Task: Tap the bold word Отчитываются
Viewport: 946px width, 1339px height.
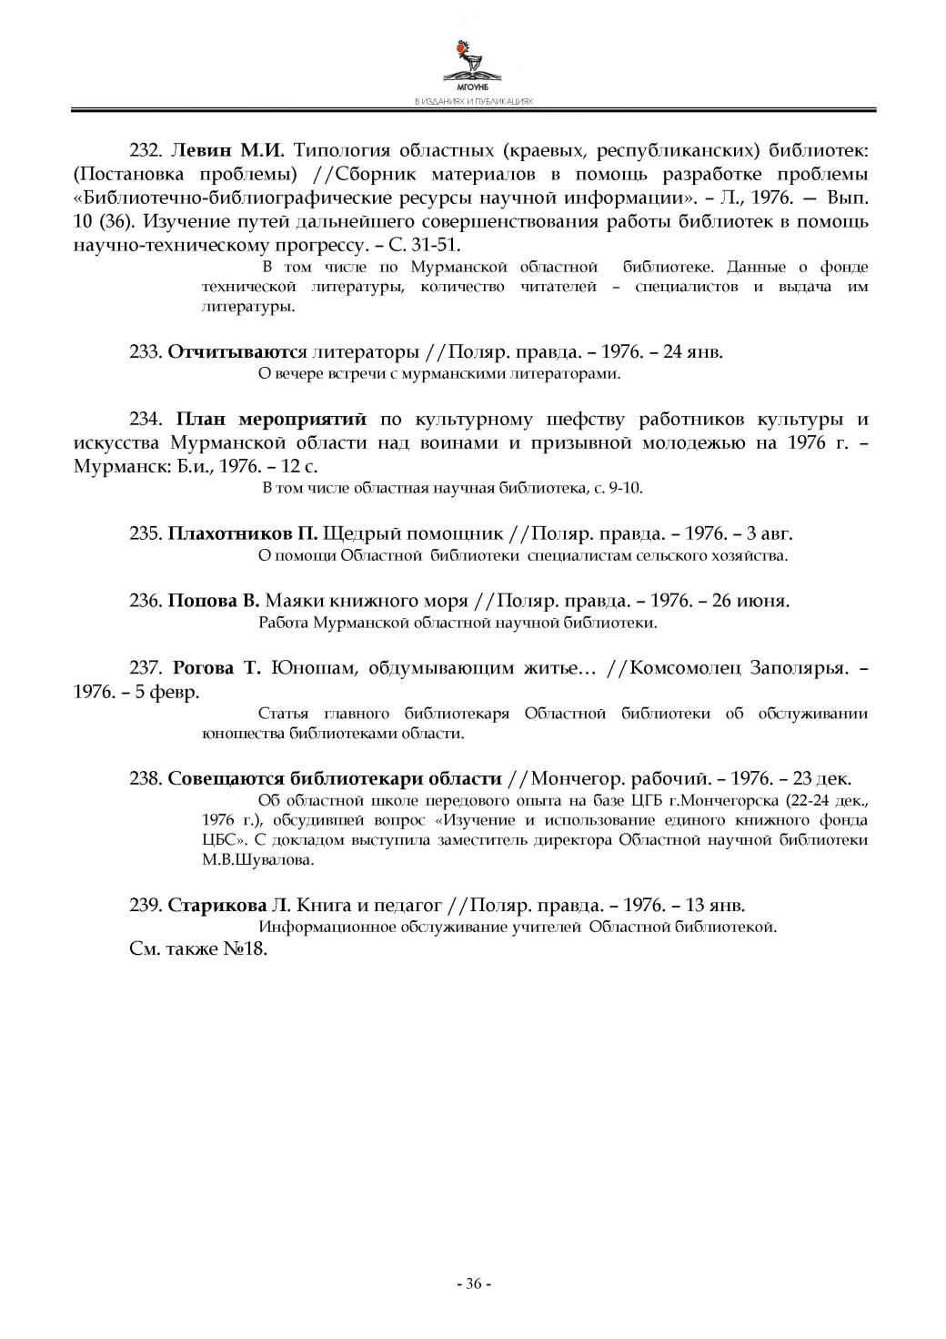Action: pos(237,351)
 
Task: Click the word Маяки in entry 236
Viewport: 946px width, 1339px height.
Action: pos(294,601)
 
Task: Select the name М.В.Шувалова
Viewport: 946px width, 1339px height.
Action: pos(258,859)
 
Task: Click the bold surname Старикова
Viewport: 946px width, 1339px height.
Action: pos(217,906)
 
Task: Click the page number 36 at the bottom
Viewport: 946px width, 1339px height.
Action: pos(473,1283)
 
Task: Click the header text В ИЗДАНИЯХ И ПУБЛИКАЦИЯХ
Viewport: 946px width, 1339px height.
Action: pos(473,102)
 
